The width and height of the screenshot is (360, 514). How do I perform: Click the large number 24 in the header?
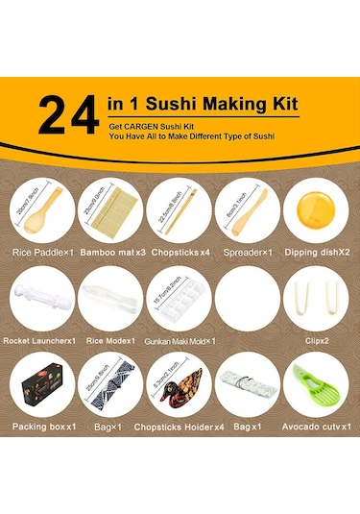tap(67, 114)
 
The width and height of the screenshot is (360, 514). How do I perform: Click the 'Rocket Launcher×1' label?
tap(43, 340)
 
